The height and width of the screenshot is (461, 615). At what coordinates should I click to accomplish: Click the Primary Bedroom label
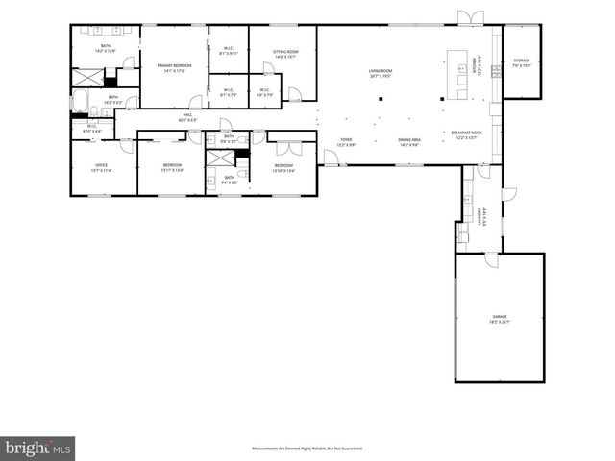pyautogui.click(x=175, y=66)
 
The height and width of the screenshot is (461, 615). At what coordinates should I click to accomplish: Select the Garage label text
pyautogui.click(x=500, y=317)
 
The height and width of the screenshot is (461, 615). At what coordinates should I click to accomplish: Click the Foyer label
pyautogui.click(x=346, y=142)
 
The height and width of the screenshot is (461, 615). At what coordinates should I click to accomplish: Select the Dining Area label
pyautogui.click(x=409, y=142)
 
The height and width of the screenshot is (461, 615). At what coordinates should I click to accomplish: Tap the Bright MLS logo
pyautogui.click(x=38, y=448)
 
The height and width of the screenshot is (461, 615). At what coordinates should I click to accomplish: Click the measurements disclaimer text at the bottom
pyautogui.click(x=307, y=449)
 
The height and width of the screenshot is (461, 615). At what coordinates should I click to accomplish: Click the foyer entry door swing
pyautogui.click(x=330, y=158)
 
